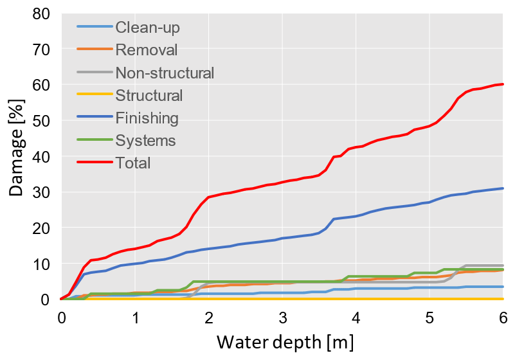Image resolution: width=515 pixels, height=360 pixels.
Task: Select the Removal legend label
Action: click(146, 50)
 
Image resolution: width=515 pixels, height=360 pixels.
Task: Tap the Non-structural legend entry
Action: click(165, 73)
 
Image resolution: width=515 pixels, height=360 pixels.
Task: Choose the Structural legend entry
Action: click(149, 96)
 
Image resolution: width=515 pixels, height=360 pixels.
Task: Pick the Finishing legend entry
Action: click(147, 118)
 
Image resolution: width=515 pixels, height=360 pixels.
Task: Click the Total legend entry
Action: click(133, 163)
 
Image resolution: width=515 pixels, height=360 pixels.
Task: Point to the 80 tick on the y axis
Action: click(41, 14)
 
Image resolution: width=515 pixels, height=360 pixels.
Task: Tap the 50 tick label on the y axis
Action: click(41, 121)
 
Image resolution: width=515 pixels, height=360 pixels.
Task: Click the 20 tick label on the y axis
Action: click(41, 228)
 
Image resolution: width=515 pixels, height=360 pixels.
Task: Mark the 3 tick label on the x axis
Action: click(282, 318)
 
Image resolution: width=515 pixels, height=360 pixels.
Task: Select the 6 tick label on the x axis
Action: click(503, 318)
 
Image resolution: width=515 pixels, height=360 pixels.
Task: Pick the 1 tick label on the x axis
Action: click(135, 318)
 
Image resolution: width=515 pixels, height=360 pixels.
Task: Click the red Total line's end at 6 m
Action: click(503, 84)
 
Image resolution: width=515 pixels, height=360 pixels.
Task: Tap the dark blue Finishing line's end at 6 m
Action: click(503, 188)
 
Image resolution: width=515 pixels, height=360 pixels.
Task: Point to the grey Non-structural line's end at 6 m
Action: click(503, 265)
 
